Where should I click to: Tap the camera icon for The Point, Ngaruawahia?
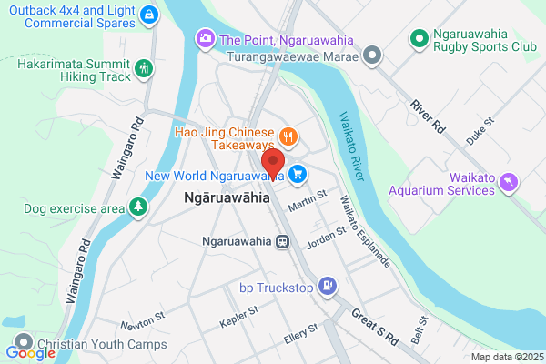(x=205, y=39)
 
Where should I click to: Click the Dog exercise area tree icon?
(x=137, y=208)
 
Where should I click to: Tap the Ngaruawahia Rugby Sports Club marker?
(x=419, y=38)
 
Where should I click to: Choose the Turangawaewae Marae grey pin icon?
(x=371, y=56)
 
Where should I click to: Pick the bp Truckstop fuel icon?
(x=328, y=288)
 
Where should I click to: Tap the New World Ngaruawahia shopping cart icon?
(x=298, y=173)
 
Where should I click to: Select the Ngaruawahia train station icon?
(x=284, y=242)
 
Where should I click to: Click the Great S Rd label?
(x=375, y=325)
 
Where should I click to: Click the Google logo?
(x=30, y=352)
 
